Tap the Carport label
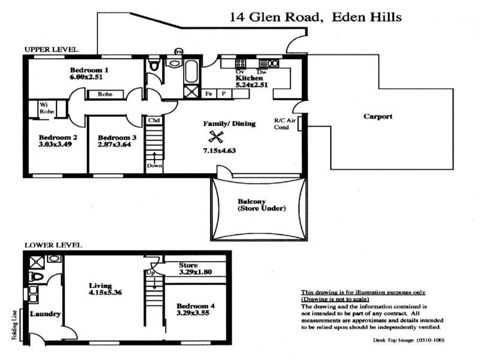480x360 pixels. click(x=378, y=116)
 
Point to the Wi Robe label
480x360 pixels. click(x=46, y=108)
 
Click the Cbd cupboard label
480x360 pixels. click(x=154, y=121)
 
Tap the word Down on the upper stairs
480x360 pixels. click(x=154, y=166)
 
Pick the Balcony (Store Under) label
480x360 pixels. click(x=260, y=205)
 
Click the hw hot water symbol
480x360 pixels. click(x=178, y=52)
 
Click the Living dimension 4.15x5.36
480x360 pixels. click(x=106, y=293)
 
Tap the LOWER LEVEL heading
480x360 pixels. click(x=53, y=245)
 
